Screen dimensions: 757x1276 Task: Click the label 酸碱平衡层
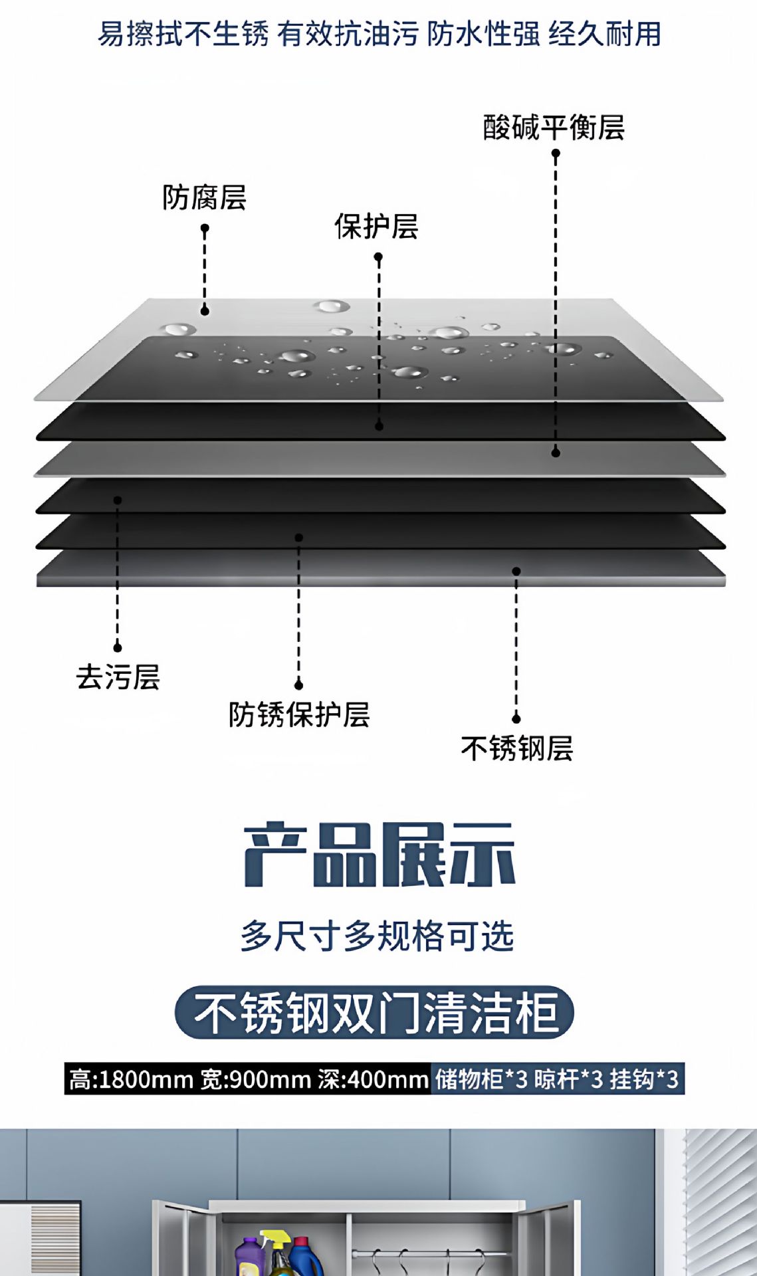pyautogui.click(x=554, y=127)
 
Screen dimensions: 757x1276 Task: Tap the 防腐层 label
pyautogui.click(x=204, y=197)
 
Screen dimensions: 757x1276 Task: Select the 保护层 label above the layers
pyautogui.click(x=376, y=227)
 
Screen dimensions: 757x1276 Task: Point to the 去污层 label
pyautogui.click(x=118, y=677)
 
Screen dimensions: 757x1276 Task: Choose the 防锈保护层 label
pyautogui.click(x=299, y=714)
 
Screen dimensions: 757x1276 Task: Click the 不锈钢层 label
pyautogui.click(x=517, y=748)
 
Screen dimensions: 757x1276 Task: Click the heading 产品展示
pyautogui.click(x=379, y=855)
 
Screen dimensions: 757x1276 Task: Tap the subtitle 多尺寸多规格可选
pyautogui.click(x=378, y=936)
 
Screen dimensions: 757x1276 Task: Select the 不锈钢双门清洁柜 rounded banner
pyautogui.click(x=374, y=1012)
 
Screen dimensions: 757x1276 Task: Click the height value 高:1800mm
pyautogui.click(x=131, y=1079)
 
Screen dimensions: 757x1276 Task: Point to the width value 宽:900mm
pyautogui.click(x=256, y=1079)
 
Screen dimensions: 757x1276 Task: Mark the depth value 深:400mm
pyautogui.click(x=373, y=1079)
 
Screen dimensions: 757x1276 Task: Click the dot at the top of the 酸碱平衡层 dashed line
pyautogui.click(x=556, y=154)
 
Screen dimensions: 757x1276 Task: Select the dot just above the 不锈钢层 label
pyautogui.click(x=516, y=718)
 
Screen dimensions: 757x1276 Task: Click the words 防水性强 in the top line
pyautogui.click(x=483, y=34)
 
